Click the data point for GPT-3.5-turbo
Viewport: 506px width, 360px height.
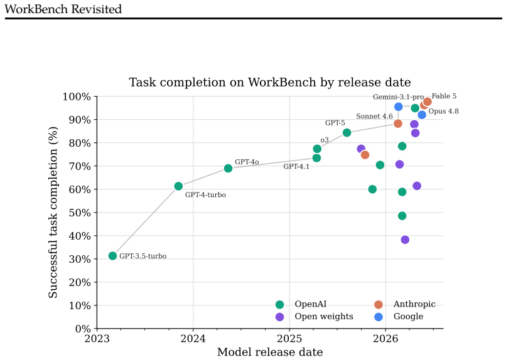tap(112, 256)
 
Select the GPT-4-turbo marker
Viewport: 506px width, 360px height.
tap(178, 186)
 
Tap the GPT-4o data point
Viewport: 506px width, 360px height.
tap(228, 168)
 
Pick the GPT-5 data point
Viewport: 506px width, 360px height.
tap(347, 133)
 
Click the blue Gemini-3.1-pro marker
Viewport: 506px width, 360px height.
tap(399, 107)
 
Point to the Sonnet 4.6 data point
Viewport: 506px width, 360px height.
tap(398, 124)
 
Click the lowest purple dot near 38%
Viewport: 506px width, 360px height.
tap(405, 240)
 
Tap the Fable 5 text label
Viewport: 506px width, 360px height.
tap(444, 96)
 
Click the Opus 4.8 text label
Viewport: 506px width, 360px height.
tap(443, 111)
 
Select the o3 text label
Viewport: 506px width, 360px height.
tap(325, 140)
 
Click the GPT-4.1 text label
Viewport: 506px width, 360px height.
tap(296, 167)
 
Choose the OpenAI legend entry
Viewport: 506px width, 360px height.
tap(301, 304)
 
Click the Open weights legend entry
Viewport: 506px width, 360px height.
tap(315, 317)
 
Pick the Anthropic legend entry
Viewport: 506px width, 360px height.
tap(405, 304)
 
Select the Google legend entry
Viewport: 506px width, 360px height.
tap(399, 317)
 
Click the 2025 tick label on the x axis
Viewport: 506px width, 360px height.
tap(289, 339)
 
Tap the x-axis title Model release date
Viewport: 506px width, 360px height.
tap(270, 352)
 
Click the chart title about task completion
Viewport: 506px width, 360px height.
tap(270, 82)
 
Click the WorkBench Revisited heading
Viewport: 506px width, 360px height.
tap(63, 9)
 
